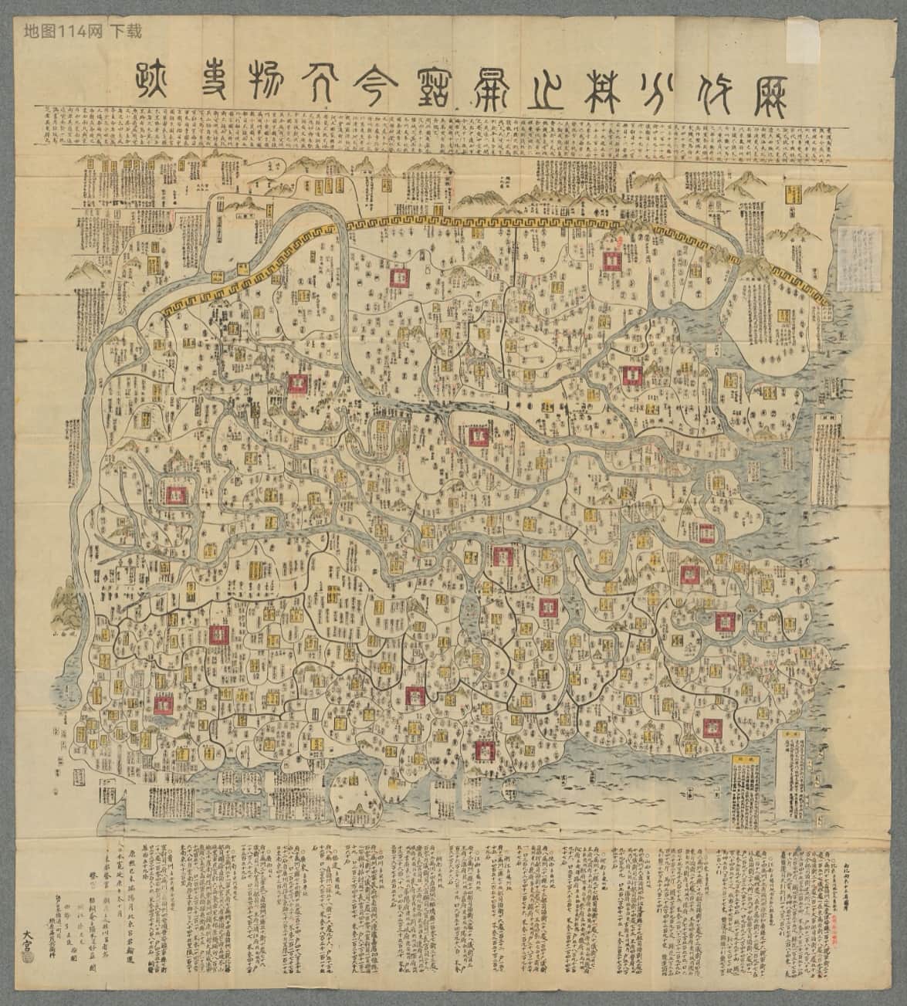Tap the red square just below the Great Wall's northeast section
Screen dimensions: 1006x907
(x=611, y=259)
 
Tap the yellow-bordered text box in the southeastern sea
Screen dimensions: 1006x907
(x=791, y=780)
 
